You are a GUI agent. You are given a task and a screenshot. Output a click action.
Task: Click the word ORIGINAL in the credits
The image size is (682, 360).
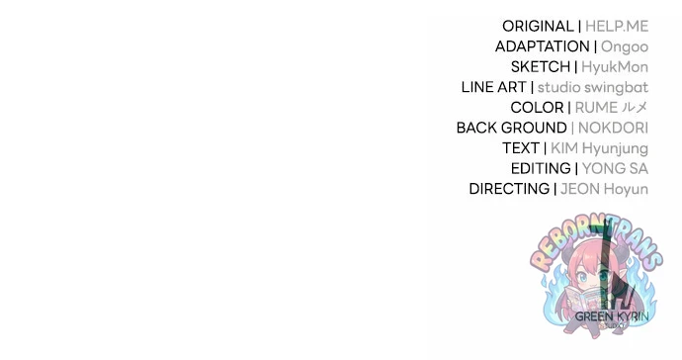538,26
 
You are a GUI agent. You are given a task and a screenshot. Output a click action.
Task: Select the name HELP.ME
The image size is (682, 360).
617,26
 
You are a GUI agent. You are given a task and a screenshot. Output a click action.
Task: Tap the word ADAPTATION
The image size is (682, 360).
543,46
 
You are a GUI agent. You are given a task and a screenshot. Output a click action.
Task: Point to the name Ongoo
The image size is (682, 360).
625,47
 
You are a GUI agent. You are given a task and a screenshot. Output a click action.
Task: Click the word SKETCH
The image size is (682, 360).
541,67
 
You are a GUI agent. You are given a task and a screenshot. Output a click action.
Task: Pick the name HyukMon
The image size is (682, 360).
615,67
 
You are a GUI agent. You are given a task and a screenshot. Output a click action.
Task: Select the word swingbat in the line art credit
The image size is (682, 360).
617,87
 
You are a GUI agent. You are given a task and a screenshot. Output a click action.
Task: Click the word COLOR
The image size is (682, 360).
537,108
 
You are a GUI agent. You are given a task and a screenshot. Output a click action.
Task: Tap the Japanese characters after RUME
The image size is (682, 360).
635,107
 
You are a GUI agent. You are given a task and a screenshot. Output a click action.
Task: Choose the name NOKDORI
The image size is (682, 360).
613,128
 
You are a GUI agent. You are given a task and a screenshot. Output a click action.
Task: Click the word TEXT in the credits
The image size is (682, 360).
521,148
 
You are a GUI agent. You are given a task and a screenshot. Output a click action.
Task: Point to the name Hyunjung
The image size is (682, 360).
615,149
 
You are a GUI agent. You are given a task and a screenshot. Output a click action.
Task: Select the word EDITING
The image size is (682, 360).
541,168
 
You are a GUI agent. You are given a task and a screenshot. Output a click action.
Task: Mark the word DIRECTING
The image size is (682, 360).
509,189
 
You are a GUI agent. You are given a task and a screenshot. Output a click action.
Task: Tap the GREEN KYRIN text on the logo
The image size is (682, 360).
612,316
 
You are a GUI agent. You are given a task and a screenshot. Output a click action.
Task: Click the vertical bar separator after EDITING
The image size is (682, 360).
576,168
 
